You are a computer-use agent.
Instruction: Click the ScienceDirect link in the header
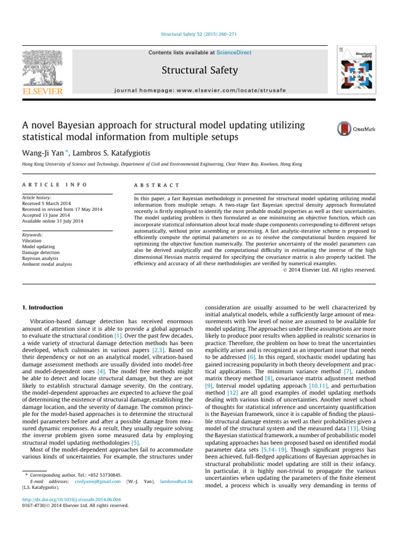point(234,53)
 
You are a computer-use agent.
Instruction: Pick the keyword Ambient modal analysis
point(46,264)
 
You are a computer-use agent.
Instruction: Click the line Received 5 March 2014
point(46,202)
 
